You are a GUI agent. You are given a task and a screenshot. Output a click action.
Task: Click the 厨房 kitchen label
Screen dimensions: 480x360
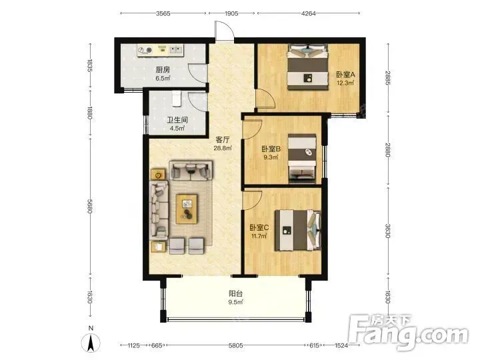click(x=163, y=70)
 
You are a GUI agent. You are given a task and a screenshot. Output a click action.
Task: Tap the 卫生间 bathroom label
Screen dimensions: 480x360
click(x=177, y=120)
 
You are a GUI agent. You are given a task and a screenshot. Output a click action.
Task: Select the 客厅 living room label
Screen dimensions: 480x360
click(x=223, y=140)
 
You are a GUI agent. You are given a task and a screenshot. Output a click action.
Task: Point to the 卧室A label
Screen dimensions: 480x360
click(x=345, y=75)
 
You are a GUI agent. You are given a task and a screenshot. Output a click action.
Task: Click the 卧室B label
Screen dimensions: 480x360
click(x=271, y=149)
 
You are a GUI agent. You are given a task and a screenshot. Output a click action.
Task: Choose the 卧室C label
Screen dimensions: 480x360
click(x=259, y=227)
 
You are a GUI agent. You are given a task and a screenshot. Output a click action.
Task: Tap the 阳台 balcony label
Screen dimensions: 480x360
click(x=236, y=293)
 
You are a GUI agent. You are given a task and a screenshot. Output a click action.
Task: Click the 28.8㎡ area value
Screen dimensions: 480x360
click(x=223, y=149)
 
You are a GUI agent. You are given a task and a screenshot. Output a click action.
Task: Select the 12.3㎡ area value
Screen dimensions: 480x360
click(x=345, y=83)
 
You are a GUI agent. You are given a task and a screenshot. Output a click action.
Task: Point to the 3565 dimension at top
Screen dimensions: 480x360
click(x=163, y=13)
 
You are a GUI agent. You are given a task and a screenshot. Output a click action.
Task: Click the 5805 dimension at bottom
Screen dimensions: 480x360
click(x=236, y=345)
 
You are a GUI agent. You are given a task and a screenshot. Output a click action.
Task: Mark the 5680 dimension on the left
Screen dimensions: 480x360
click(x=90, y=206)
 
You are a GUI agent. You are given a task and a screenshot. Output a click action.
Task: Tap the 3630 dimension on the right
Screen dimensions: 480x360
click(x=388, y=231)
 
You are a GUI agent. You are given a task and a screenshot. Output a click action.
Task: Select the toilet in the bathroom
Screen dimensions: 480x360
click(x=176, y=98)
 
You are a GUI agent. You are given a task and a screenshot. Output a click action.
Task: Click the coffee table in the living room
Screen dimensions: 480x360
click(x=187, y=209)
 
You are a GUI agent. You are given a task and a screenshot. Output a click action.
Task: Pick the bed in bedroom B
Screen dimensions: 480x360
click(x=302, y=159)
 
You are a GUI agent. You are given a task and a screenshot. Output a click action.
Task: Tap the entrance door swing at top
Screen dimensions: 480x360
click(x=225, y=31)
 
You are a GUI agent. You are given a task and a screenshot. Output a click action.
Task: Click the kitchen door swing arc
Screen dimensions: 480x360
click(x=197, y=73)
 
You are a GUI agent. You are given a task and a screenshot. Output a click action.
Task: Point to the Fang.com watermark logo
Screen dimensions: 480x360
click(x=409, y=332)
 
